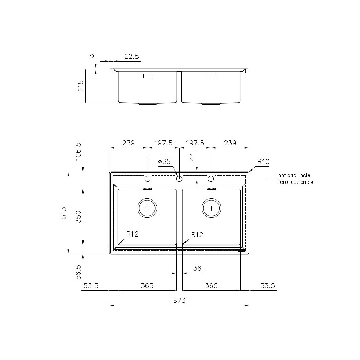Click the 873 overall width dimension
(179, 300)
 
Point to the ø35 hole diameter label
(164, 162)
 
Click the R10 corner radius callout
(264, 162)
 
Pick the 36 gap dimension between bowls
(197, 268)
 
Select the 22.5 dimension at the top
(131, 56)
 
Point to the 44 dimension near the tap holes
(193, 156)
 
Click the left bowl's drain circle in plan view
(147, 208)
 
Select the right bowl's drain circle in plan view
(211, 208)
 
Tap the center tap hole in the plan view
(179, 179)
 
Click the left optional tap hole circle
(147, 179)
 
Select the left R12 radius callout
(132, 234)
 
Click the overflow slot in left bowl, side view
(148, 76)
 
